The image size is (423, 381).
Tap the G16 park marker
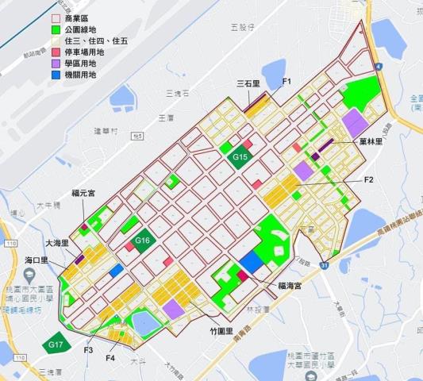click(x=143, y=240)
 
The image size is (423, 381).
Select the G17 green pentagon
click(x=55, y=344)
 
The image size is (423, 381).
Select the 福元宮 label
click(x=83, y=192)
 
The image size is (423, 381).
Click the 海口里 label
click(x=37, y=260)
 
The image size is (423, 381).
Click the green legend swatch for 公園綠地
click(x=56, y=29)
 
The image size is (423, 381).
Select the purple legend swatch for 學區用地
click(x=56, y=63)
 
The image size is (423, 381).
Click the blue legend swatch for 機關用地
click(x=56, y=75)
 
